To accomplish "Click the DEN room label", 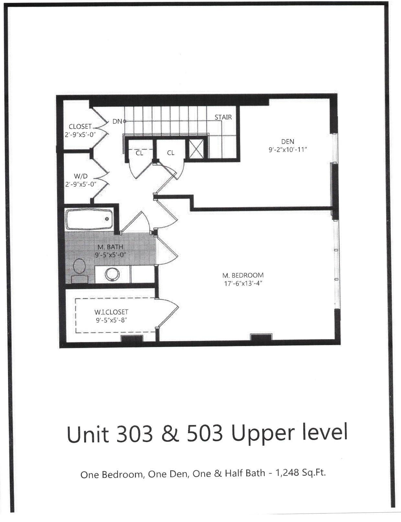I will point(287,141).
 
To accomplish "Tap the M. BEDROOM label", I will point(243,275).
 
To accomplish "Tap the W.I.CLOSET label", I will point(111,312).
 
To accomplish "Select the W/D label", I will point(81,176).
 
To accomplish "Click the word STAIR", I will point(223,117).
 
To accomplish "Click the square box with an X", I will point(196,149).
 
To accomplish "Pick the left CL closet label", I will point(139,153).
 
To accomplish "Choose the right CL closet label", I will point(171,153).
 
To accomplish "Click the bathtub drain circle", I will point(107,219).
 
